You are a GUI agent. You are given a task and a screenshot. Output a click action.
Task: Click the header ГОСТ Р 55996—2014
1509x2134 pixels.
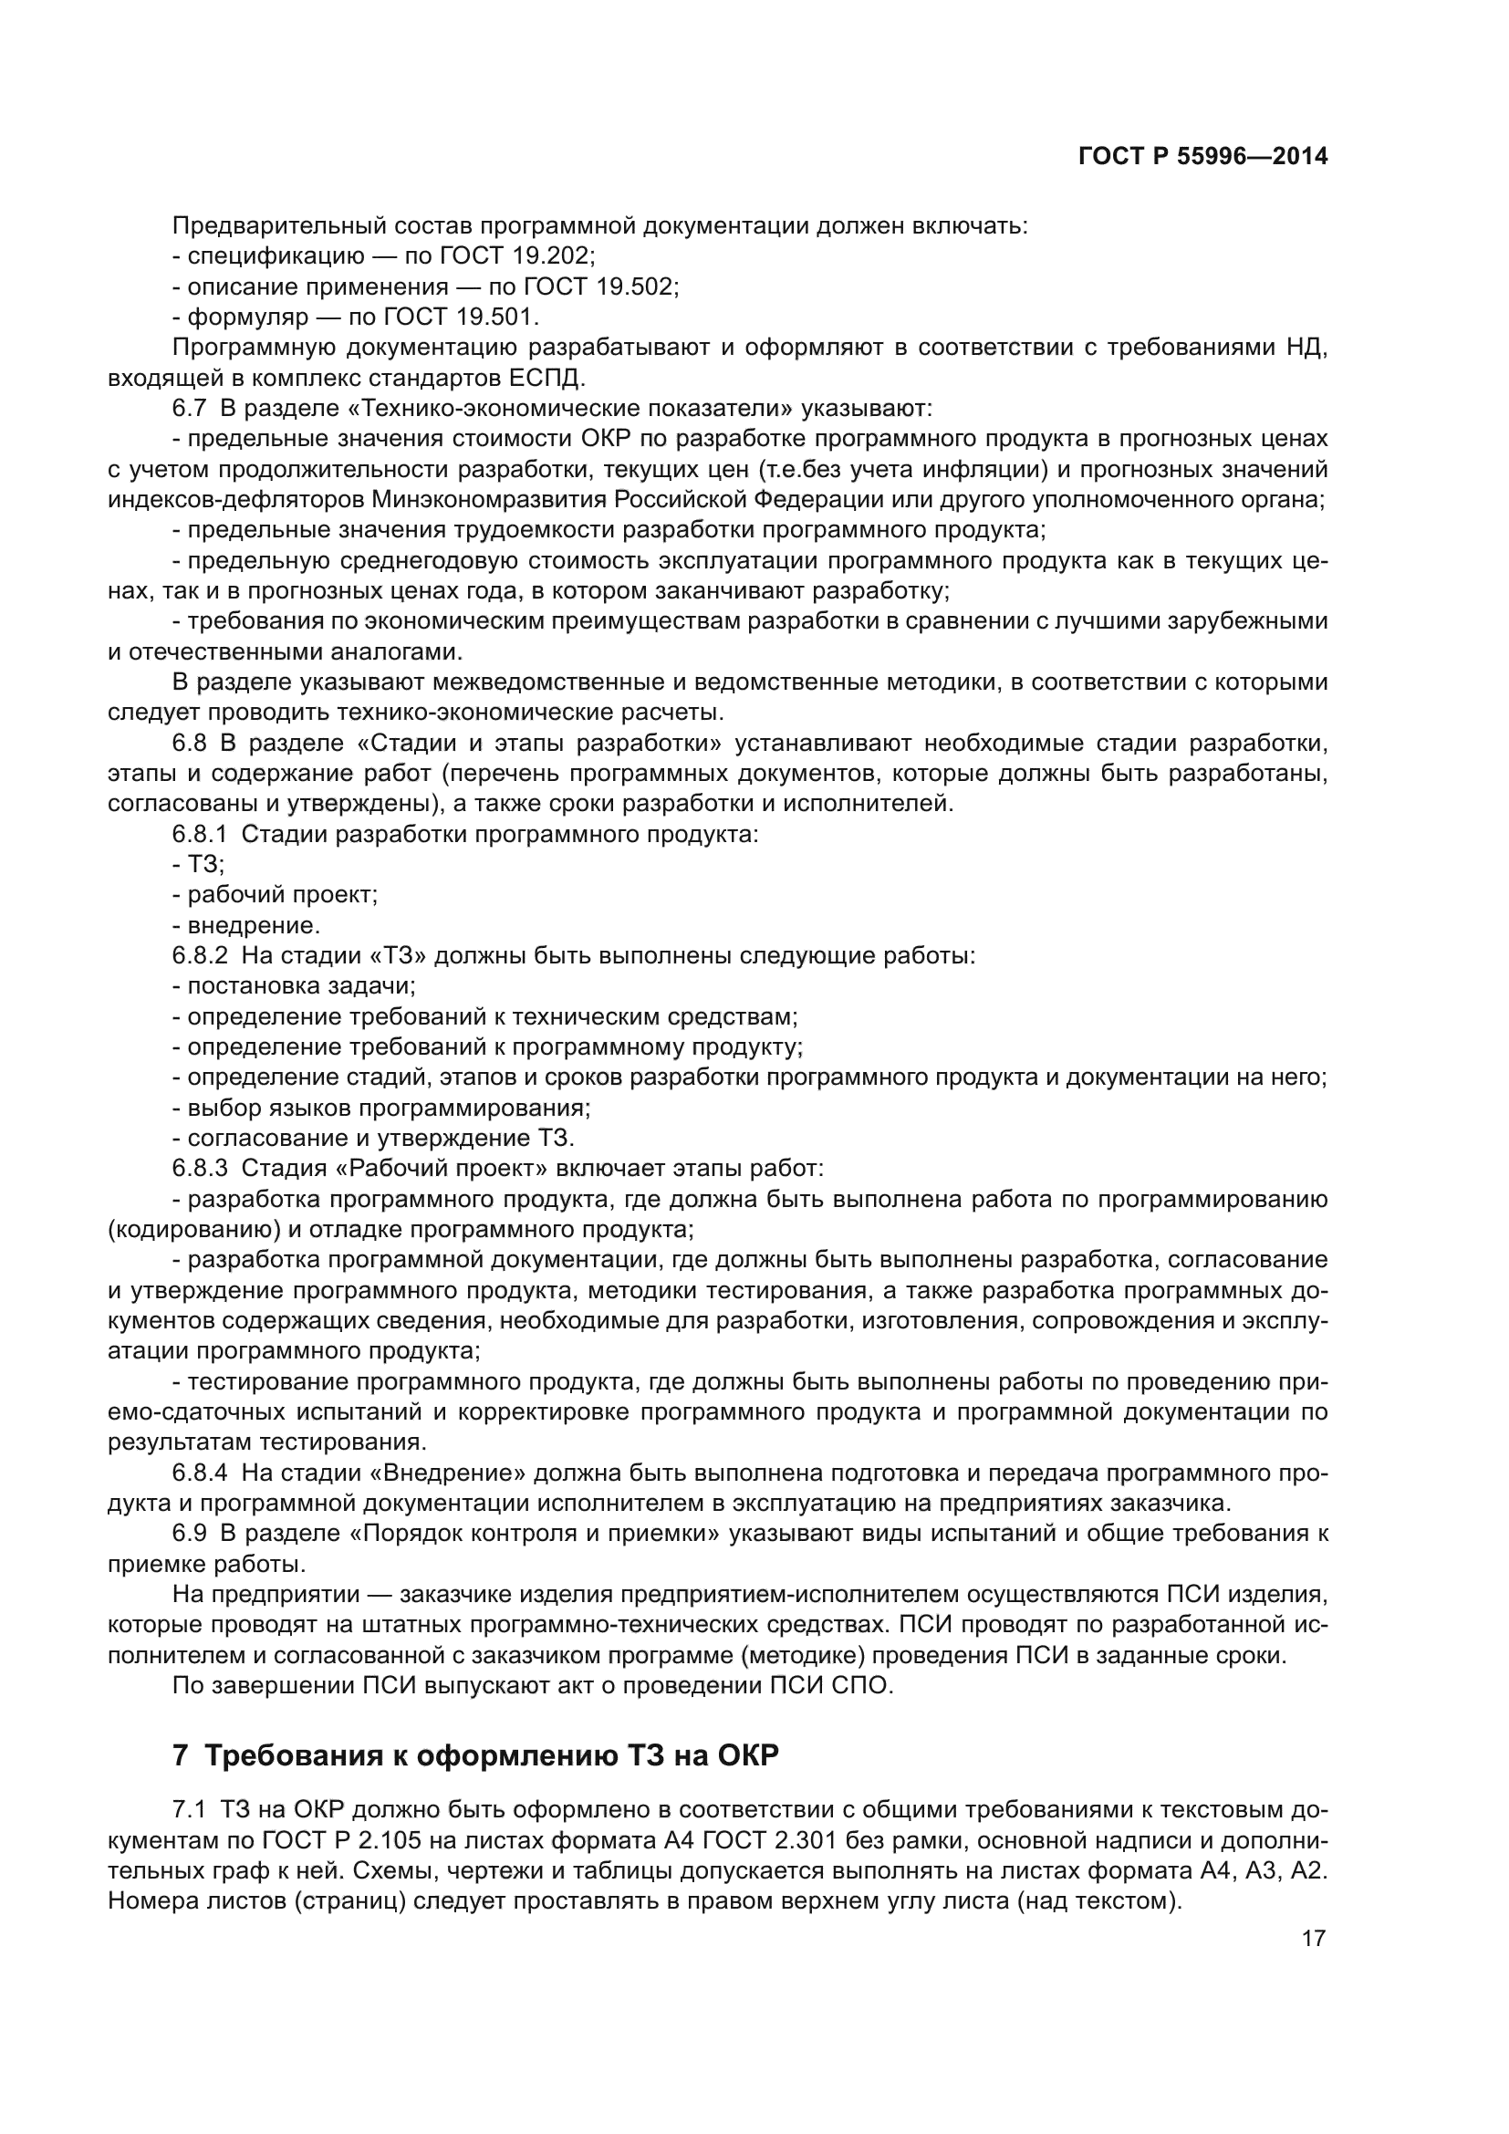(1202, 157)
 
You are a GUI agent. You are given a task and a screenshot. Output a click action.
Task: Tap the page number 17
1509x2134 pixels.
(1313, 1938)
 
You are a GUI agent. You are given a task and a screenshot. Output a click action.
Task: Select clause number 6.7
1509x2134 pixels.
(189, 409)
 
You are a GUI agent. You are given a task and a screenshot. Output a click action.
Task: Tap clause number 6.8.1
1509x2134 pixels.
(199, 835)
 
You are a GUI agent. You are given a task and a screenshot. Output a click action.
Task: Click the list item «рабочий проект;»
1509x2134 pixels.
(282, 896)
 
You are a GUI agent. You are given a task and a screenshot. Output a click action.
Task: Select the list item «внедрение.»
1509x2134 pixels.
(253, 926)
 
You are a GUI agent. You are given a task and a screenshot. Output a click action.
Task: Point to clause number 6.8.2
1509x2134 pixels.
(199, 956)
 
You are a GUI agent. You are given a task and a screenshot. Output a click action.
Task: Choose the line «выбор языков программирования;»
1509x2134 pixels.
(389, 1109)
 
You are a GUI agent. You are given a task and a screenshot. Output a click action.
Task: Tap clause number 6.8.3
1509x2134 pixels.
(199, 1170)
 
